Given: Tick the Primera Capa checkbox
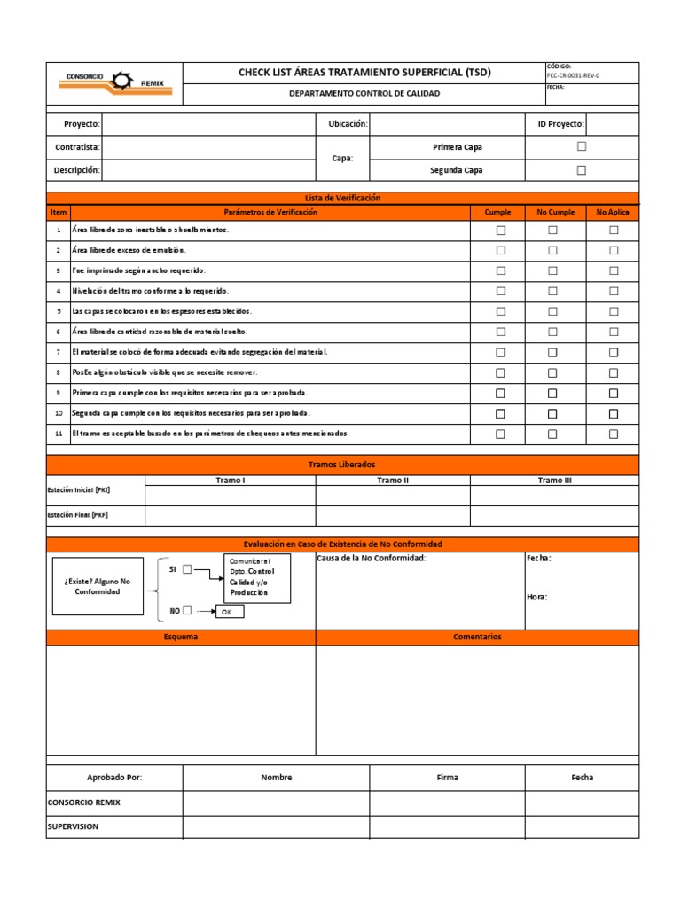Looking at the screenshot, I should coord(582,146).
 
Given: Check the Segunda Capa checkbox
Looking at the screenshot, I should coord(582,170).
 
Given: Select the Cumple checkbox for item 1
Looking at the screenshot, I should coord(500,231).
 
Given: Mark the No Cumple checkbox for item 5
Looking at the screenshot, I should coord(552,312).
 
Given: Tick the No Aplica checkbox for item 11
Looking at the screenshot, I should coord(614,434).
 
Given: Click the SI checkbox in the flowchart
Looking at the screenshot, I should coord(187,570).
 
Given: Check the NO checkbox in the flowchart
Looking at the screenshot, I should coord(187,610).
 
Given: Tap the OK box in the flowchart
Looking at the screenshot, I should coord(226,612).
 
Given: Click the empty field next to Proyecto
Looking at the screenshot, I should coord(208,124).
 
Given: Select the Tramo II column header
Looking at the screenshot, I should coord(393,480).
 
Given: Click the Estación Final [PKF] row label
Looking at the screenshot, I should coord(79,515).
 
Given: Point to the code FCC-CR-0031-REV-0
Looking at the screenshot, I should coord(574,76).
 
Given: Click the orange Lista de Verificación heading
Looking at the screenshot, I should coord(342,198).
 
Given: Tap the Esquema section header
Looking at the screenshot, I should coord(181,637).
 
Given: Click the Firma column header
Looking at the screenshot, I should coord(448,778).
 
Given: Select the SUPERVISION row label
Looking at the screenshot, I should coord(73,826).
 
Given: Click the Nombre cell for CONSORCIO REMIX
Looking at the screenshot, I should coord(276,802).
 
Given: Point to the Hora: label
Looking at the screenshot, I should coord(537,597).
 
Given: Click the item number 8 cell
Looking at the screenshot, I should coord(59,373).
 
